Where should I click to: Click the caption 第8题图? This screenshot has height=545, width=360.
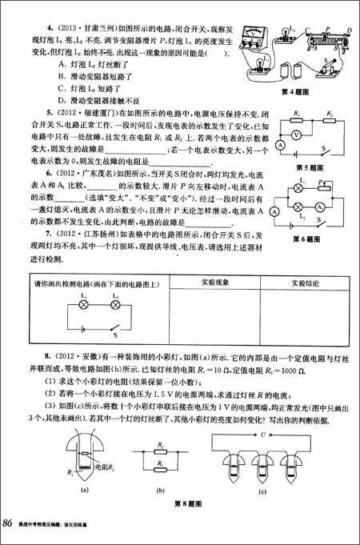click(180, 502)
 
